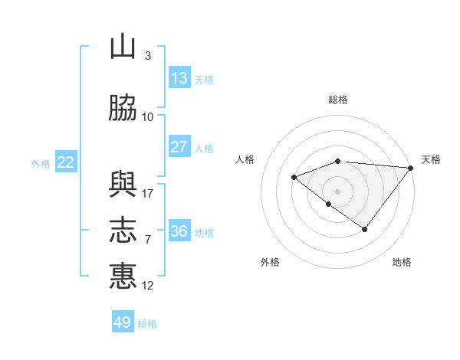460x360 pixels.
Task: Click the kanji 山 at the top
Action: tap(123, 46)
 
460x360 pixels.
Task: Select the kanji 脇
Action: tap(123, 108)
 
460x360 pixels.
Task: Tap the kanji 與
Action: tap(123, 185)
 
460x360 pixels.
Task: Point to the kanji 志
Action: tap(123, 230)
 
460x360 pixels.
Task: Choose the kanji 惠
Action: tap(123, 276)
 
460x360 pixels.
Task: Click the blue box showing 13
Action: tap(179, 77)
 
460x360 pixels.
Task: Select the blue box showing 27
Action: tap(179, 146)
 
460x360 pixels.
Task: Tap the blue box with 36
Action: tap(179, 230)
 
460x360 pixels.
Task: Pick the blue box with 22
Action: tap(66, 162)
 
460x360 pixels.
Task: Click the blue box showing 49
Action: tap(123, 321)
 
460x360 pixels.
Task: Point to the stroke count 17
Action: tap(147, 194)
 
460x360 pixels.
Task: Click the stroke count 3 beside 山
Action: tap(148, 55)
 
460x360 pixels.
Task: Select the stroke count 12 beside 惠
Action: tap(147, 286)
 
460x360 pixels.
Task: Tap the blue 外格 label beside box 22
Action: tap(41, 164)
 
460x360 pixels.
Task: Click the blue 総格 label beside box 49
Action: tap(147, 324)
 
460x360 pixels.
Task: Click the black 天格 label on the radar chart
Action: tap(431, 159)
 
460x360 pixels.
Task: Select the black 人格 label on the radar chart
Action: tap(245, 159)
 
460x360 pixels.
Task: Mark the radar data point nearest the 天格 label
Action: tap(411, 168)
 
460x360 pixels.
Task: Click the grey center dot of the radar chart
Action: tap(337, 191)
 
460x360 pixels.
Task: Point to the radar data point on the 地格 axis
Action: tap(364, 229)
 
